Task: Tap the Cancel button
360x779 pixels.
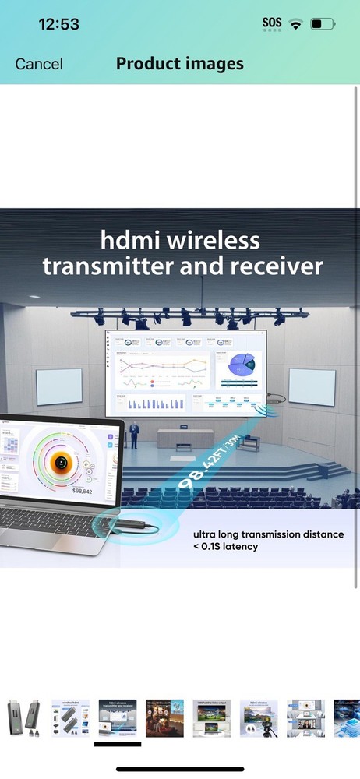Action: [39, 64]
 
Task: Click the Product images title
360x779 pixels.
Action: [180, 63]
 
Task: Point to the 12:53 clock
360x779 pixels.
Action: [58, 24]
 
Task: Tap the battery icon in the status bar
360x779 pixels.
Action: [322, 24]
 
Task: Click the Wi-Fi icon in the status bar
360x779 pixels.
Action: [295, 24]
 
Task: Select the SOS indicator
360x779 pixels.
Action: [272, 23]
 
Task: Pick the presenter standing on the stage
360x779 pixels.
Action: [135, 435]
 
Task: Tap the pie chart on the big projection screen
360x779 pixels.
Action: [242, 365]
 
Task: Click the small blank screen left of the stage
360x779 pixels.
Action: [59, 387]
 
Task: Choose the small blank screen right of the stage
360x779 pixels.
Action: [312, 386]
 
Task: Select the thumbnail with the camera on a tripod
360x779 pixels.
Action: [259, 718]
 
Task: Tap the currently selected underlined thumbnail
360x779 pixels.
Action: [118, 718]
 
